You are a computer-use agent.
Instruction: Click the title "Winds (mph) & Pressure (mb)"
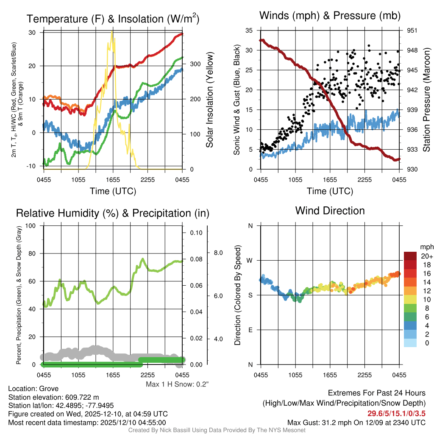tap(330, 16)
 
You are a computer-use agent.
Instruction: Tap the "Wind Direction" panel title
tap(330, 211)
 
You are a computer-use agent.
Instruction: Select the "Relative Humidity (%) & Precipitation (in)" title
tap(112, 213)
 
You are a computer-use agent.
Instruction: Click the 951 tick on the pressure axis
tap(412, 31)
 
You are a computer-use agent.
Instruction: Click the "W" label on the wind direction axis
tap(250, 260)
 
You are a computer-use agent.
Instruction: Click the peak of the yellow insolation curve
tap(112, 32)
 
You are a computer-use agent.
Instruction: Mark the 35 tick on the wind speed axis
tap(249, 31)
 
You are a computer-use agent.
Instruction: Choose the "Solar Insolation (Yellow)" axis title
tap(209, 100)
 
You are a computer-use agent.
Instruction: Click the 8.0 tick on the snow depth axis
tap(218, 253)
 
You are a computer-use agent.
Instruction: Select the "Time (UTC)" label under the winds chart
tap(330, 191)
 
